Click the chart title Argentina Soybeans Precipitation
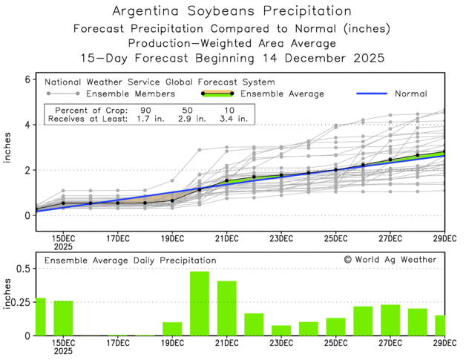pyautogui.click(x=232, y=12)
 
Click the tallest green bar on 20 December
pyautogui.click(x=199, y=304)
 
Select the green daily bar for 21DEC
pyautogui.click(x=226, y=308)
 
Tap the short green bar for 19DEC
pyautogui.click(x=172, y=329)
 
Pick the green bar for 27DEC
pyautogui.click(x=390, y=320)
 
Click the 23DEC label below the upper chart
pyautogui.click(x=281, y=238)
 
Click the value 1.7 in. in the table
pyautogui.click(x=137, y=117)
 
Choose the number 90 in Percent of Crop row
pyautogui.click(x=138, y=108)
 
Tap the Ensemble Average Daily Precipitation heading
pyautogui.click(x=131, y=261)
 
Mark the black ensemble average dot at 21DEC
pyautogui.click(x=227, y=180)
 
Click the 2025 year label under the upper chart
pyautogui.click(x=63, y=246)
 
